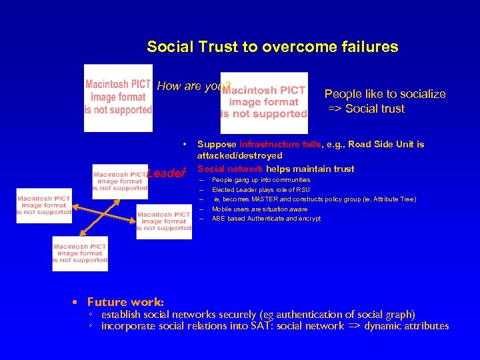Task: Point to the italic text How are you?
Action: (x=192, y=86)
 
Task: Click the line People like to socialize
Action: (x=385, y=94)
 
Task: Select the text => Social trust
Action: (x=366, y=109)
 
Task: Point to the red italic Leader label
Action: (x=165, y=173)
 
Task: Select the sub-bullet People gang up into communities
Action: (x=261, y=180)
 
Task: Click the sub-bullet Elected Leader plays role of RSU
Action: (x=261, y=190)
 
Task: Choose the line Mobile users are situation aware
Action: (x=259, y=209)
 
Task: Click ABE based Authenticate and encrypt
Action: (x=266, y=218)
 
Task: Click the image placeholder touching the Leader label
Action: (x=120, y=178)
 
